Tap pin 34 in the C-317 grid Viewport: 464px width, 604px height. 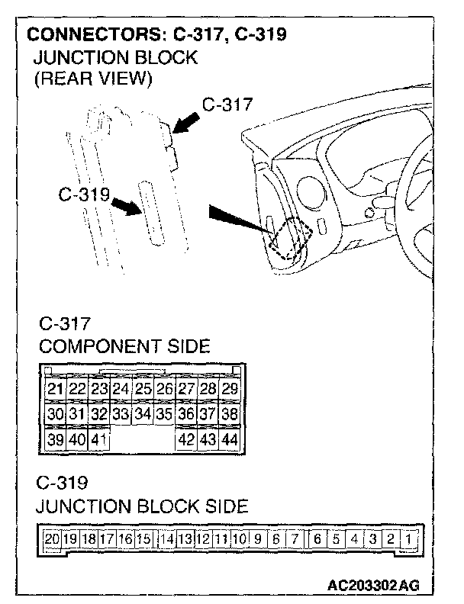tap(143, 415)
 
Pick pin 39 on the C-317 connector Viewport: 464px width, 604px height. tap(54, 439)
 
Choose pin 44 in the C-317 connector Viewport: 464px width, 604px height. tap(229, 439)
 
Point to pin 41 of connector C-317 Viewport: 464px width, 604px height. tap(98, 439)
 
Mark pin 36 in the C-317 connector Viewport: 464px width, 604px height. tap(185, 415)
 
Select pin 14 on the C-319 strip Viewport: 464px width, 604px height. tap(166, 539)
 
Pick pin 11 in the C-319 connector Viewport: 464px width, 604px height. tap(221, 539)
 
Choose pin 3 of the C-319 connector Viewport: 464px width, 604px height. tap(373, 539)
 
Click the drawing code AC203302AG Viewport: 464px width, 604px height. tap(372, 586)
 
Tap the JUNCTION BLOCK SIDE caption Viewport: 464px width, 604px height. tap(142, 506)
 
